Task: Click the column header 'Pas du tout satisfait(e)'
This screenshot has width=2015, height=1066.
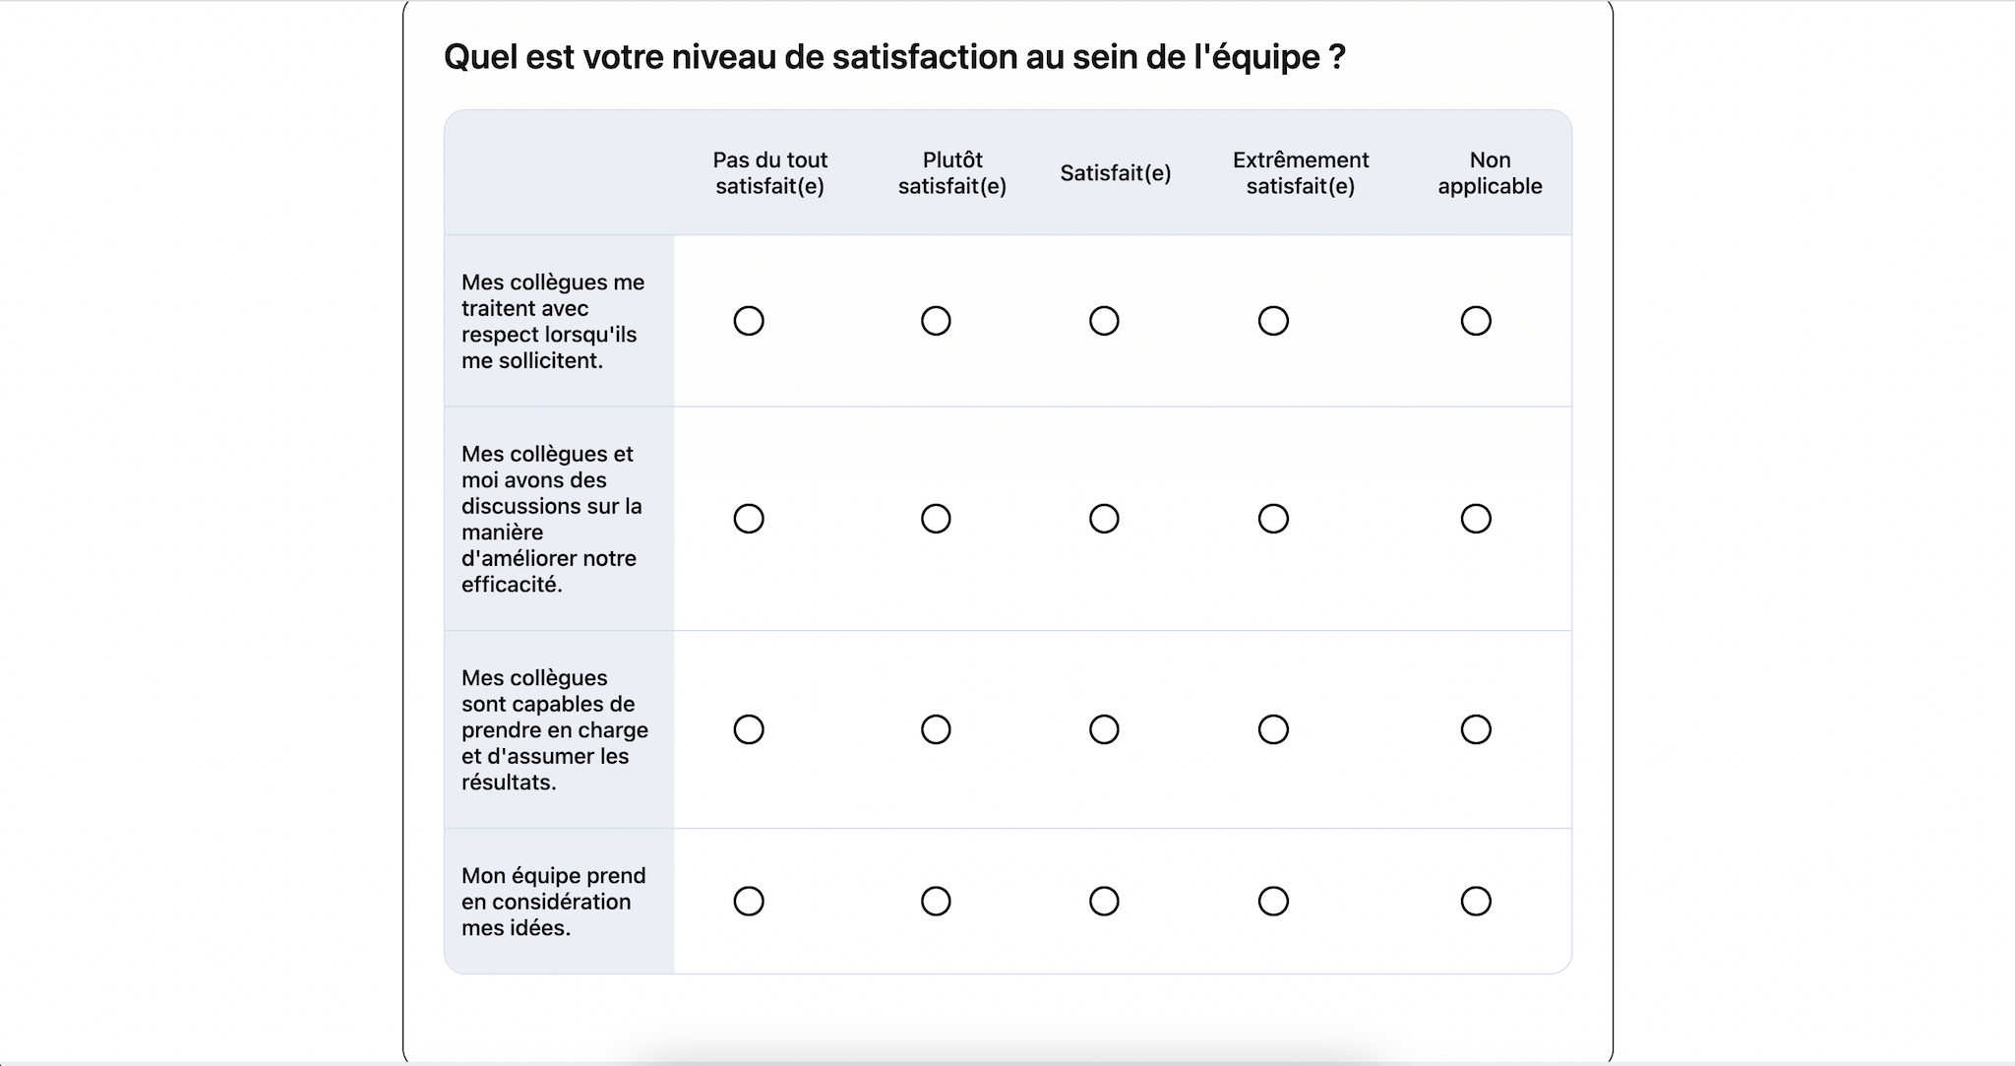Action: coord(769,173)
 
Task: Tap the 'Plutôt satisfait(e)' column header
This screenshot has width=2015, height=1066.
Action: coord(951,173)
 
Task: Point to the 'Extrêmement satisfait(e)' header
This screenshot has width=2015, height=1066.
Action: coord(1300,173)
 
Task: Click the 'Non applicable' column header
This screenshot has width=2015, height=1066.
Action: coord(1490,173)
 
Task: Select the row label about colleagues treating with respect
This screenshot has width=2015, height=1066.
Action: coord(553,321)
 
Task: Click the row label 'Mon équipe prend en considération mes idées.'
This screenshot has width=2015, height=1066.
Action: coord(553,902)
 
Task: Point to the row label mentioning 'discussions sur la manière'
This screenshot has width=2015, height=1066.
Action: coord(551,519)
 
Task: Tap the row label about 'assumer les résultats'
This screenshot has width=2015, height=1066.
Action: coord(554,729)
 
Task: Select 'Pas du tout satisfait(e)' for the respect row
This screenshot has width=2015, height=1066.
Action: coord(749,321)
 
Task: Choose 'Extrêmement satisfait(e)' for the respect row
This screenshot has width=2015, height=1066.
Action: coord(1273,321)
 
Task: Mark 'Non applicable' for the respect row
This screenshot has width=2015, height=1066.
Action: coord(1476,321)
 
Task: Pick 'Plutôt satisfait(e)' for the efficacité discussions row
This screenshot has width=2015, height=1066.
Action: coord(936,519)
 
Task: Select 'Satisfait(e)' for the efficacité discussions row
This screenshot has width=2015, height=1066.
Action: coord(1104,519)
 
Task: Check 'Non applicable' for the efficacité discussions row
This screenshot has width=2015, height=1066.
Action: coord(1476,519)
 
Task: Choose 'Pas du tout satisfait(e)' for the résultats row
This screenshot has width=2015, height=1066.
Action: coord(749,729)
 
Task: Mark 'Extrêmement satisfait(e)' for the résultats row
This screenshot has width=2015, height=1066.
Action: coord(1273,729)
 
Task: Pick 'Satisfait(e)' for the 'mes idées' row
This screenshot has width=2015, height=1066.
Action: coord(1104,902)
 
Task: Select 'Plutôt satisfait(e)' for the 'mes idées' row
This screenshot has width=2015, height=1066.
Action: coord(936,902)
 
